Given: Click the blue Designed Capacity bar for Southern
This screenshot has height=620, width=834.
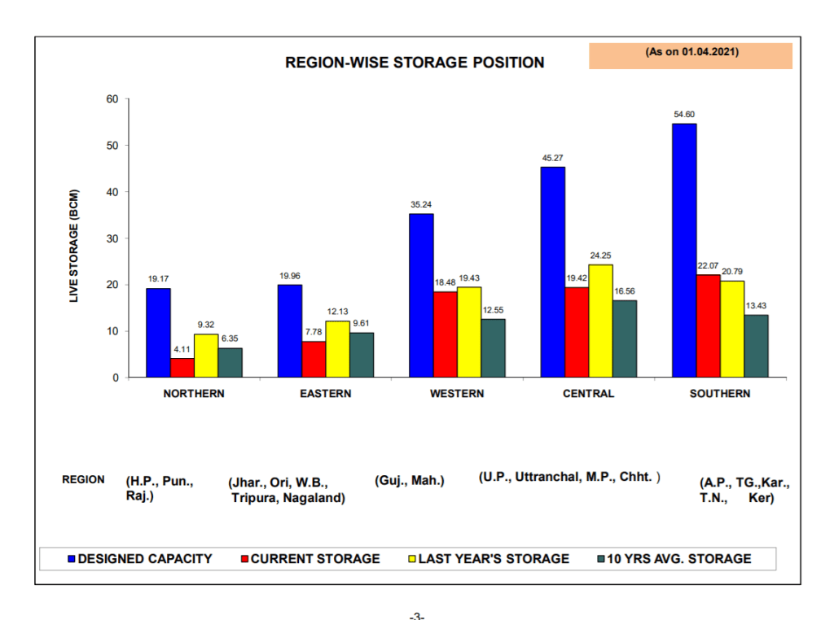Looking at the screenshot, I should tap(684, 251).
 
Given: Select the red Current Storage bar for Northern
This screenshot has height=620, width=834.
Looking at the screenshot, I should tap(182, 368).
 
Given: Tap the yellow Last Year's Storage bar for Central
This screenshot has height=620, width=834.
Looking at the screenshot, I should tap(601, 321).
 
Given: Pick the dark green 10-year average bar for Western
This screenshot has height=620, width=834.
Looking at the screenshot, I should tap(494, 348).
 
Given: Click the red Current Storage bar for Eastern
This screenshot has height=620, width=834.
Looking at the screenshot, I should tap(314, 359).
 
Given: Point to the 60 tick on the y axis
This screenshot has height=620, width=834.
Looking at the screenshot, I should tap(111, 99).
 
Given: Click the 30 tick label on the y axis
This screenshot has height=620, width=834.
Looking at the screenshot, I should tap(111, 238).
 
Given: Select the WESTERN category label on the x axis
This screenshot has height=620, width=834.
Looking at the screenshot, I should tap(457, 394).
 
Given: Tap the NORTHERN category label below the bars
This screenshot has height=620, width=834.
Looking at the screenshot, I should tap(194, 394).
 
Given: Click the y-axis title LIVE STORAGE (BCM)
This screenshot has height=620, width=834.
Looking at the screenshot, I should tap(74, 246).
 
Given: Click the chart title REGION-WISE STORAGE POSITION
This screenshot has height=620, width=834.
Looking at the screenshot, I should tap(415, 63).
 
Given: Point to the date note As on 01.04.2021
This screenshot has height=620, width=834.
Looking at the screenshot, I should tap(691, 51).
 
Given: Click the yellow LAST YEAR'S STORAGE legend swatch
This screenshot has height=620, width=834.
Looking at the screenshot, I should tap(411, 559).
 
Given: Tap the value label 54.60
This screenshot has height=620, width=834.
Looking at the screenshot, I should tap(684, 115).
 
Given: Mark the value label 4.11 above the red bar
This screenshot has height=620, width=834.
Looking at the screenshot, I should tap(182, 350).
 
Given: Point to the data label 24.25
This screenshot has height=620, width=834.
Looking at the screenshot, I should tap(601, 255).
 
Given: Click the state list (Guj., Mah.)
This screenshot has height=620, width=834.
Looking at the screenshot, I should tap(410, 480).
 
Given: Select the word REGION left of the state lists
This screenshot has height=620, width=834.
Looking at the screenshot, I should tap(83, 479).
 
